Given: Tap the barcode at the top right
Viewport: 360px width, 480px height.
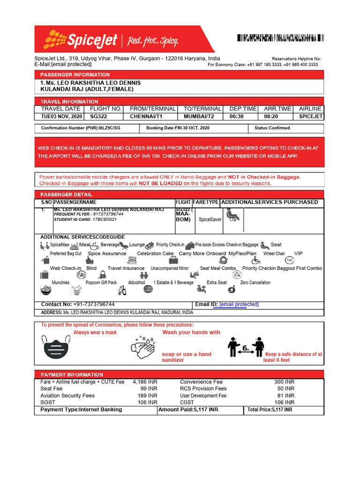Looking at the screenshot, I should (x=279, y=38).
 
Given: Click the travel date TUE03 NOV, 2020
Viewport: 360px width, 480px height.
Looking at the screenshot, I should (x=61, y=116).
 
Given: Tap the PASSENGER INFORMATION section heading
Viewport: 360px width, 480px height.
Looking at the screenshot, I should (x=75, y=75).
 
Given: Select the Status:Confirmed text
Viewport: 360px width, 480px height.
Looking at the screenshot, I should (x=272, y=128).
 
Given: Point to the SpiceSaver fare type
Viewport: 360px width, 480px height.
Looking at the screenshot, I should (x=210, y=219).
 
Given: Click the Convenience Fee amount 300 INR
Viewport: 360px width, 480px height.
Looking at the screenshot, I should (x=284, y=382).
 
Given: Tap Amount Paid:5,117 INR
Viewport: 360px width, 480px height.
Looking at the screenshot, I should (x=188, y=410).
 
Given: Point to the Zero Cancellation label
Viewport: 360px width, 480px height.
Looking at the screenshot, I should (x=255, y=283).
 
